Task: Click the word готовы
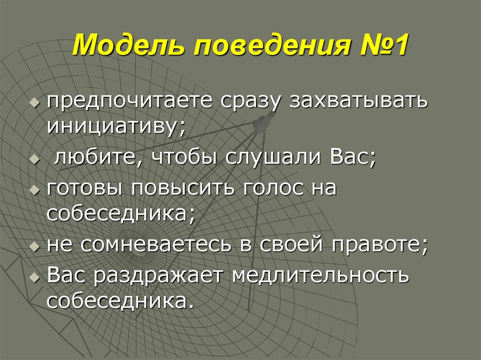click(x=85, y=189)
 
